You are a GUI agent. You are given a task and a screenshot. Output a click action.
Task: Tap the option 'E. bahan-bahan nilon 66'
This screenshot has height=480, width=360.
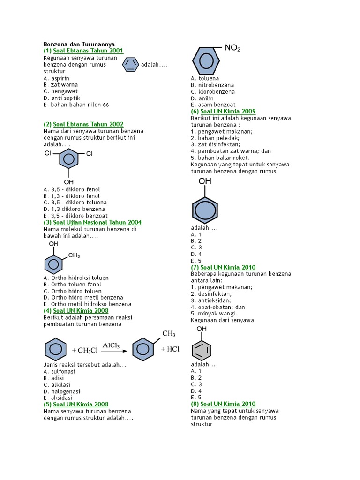76,105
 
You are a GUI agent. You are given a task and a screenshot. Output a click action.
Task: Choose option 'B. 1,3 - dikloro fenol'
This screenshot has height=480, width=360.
71,196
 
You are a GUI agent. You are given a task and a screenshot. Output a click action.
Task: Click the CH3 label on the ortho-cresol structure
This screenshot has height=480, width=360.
74,255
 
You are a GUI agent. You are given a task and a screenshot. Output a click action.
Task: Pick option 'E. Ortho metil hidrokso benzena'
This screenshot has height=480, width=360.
87,304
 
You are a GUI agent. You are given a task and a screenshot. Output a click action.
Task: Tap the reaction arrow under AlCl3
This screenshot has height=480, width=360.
114,351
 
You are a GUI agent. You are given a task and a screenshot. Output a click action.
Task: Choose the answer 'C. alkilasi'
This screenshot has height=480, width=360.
57,384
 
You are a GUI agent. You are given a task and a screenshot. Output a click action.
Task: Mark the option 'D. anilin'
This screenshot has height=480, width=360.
202,98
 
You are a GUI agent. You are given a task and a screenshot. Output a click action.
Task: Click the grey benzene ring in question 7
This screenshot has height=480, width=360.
202,349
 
